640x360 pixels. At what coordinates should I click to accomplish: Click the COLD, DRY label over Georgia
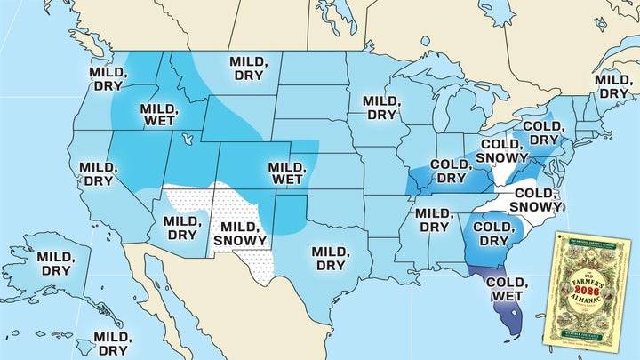pos(492,233)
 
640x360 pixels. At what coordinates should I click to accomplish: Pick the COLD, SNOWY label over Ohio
pos(502,151)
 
